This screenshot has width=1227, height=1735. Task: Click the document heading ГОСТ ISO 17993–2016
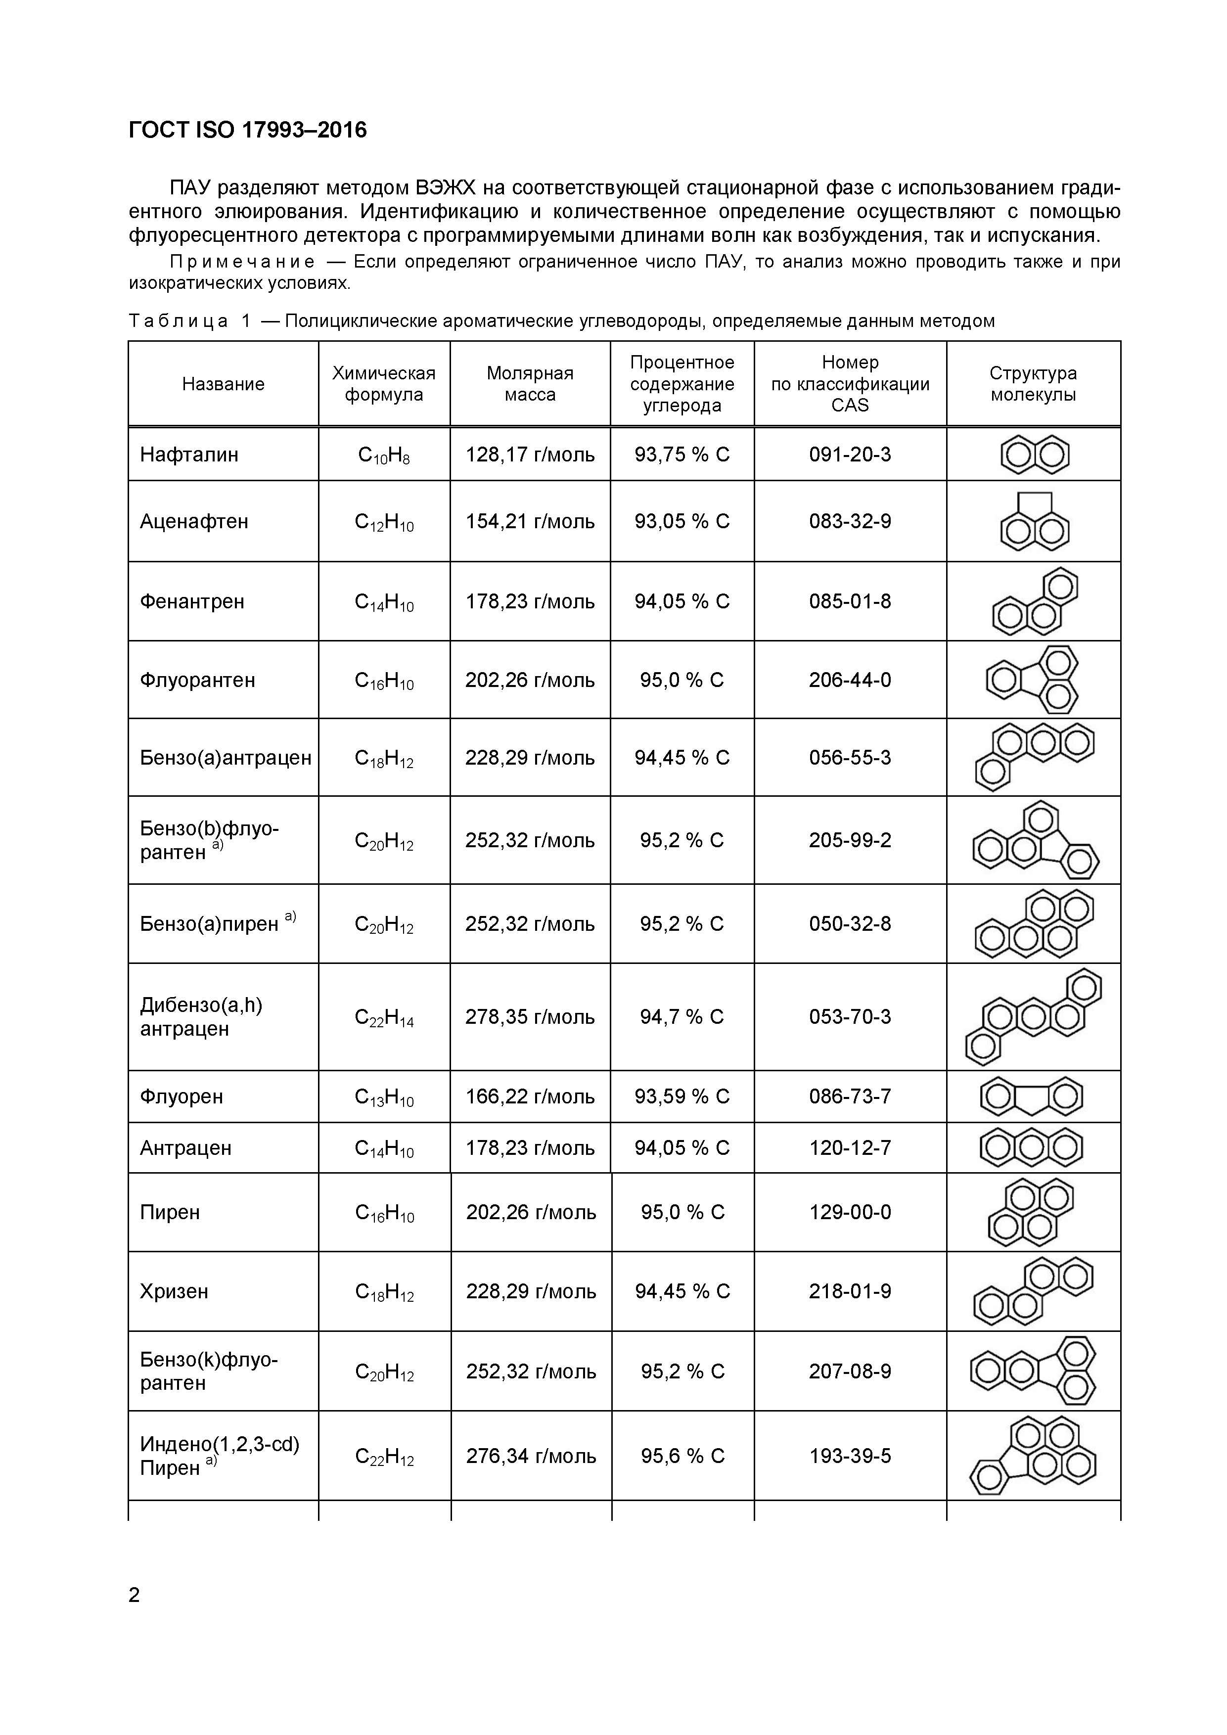248,131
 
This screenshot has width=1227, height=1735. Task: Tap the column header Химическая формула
384,384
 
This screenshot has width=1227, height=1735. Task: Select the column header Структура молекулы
1033,384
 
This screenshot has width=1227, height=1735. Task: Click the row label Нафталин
189,455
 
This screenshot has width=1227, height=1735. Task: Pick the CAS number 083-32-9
850,521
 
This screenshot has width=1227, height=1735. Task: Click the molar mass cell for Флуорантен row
530,680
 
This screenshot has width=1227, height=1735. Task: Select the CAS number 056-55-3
850,758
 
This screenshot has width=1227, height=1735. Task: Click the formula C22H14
384,1018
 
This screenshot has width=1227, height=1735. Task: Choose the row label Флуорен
182,1096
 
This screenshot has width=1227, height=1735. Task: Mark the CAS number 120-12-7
850,1148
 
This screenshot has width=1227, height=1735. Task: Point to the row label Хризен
174,1291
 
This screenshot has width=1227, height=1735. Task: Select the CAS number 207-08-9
850,1371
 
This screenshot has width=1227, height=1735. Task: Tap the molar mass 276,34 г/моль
531,1456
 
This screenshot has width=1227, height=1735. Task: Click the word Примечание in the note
242,262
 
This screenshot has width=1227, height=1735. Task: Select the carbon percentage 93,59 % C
682,1096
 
